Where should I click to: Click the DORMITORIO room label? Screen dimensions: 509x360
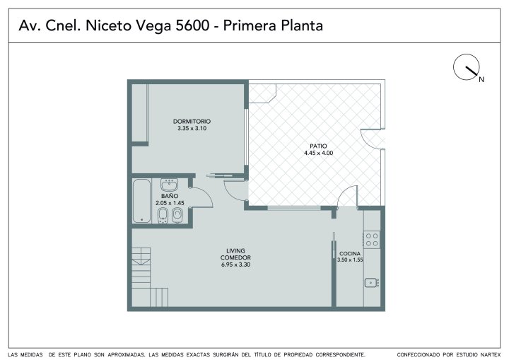pos(192,121)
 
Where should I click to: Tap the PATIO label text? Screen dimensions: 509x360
pos(318,146)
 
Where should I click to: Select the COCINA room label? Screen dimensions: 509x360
pos(350,253)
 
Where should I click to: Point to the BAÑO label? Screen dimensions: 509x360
pos(170,196)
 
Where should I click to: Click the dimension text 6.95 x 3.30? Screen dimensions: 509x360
pos(235,265)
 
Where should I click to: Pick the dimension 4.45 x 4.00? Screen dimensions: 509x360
pos(318,153)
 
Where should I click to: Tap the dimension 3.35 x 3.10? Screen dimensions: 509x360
pos(192,128)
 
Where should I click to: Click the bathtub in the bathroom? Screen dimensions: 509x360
pos(141,201)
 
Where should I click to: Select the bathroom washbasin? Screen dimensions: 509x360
pos(169,185)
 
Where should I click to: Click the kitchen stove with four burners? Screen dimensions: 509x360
pos(372,240)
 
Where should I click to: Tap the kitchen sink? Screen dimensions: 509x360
pos(371,283)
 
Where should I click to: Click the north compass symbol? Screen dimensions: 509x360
pos(467,67)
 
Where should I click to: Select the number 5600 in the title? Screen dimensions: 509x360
pos(192,25)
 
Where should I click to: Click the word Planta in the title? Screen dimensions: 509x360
pos(302,25)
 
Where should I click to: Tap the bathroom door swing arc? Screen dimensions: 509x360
pos(205,195)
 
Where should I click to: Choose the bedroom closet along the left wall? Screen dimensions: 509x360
pos(140,113)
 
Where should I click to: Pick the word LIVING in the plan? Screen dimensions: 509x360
pos(235,250)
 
